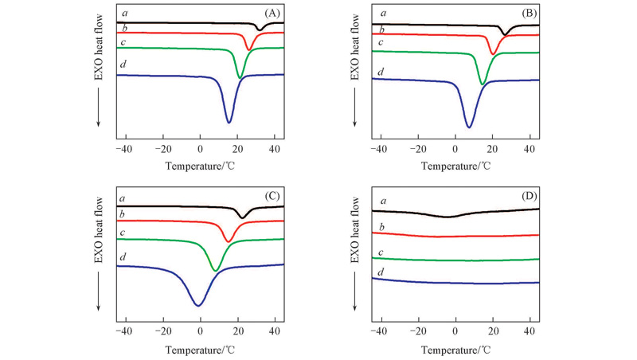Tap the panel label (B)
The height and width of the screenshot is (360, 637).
(x=528, y=14)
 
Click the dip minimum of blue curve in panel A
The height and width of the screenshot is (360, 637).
(x=229, y=122)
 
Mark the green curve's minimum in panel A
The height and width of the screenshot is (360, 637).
(x=240, y=78)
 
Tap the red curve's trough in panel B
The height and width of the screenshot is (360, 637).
(x=494, y=54)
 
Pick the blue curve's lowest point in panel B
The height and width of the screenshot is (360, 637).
(x=469, y=127)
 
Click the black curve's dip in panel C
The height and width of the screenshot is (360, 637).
(x=243, y=217)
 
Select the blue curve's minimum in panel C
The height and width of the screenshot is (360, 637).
(x=199, y=304)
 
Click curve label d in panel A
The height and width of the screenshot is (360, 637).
(x=123, y=64)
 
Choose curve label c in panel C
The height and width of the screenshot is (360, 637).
(x=122, y=232)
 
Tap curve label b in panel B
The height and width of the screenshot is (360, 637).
(x=381, y=29)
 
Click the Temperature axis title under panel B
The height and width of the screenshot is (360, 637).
(x=455, y=166)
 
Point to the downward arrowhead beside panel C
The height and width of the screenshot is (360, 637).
(x=100, y=310)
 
